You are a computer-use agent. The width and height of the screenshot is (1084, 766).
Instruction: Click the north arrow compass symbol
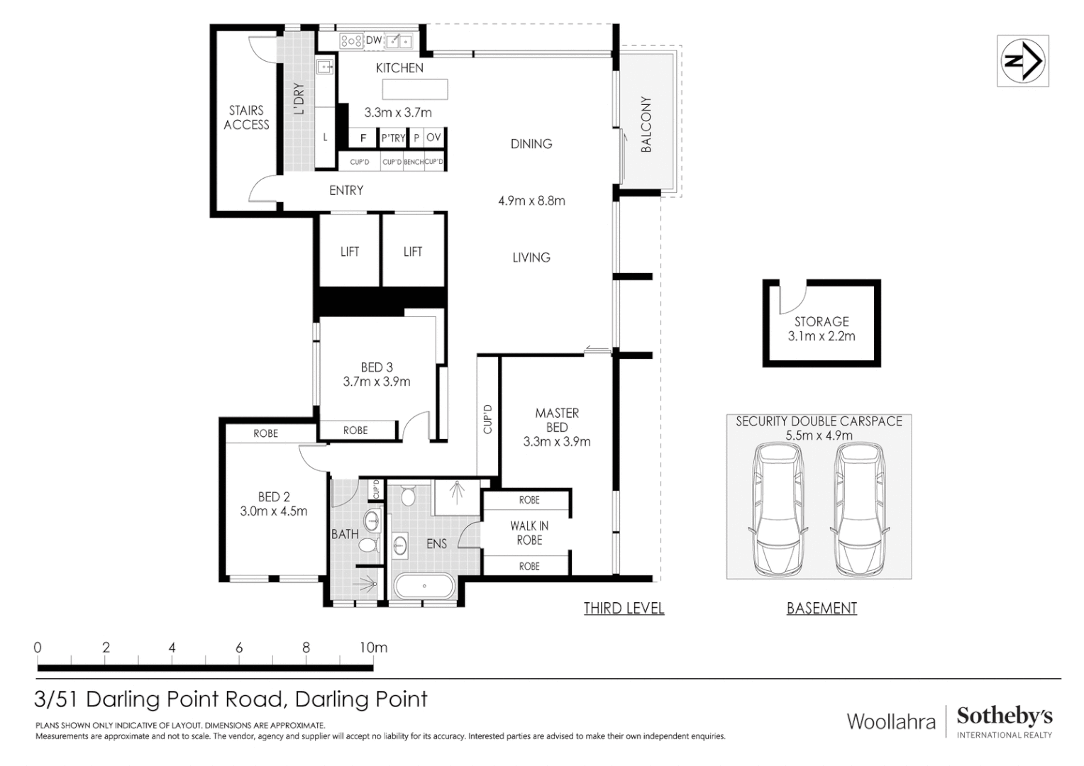[x=1022, y=61]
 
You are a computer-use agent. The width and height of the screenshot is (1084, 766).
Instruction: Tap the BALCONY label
[x=646, y=125]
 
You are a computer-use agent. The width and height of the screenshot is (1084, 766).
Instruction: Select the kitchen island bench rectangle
[x=415, y=89]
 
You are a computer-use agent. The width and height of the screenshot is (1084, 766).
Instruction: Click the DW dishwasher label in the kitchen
[x=373, y=40]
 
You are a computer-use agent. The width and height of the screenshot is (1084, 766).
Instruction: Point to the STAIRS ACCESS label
[x=246, y=117]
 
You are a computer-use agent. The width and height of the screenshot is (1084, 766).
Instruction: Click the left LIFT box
[x=350, y=251]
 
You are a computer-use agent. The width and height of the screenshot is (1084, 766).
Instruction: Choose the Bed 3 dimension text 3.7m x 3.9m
[x=377, y=382]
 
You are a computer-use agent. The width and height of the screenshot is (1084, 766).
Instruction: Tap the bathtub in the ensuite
[x=424, y=587]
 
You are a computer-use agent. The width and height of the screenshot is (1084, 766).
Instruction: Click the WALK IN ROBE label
[x=529, y=533]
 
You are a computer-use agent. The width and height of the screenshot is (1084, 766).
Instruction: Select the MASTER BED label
[x=557, y=420]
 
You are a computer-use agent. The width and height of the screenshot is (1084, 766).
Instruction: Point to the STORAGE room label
[x=822, y=321]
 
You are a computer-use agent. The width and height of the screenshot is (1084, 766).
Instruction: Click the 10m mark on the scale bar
[x=373, y=648]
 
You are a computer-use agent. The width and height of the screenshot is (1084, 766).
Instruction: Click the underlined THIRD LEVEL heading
[x=624, y=608]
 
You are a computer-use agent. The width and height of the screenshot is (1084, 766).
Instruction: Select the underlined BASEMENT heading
[x=822, y=608]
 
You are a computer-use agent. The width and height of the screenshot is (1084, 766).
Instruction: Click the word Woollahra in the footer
[x=891, y=722]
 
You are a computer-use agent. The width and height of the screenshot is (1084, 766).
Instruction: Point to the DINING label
[x=531, y=144]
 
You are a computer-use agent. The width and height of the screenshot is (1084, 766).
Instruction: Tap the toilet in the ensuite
[x=408, y=494]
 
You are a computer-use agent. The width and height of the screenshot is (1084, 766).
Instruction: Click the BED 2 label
[x=274, y=496]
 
